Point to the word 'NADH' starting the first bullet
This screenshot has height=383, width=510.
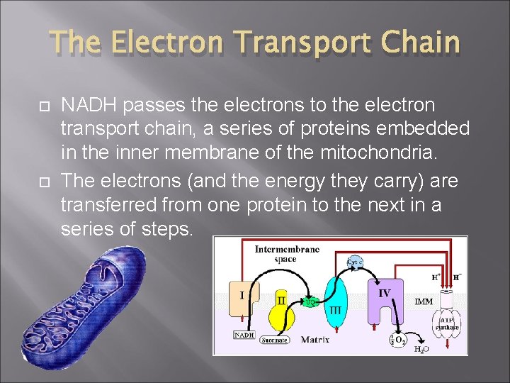(89, 106)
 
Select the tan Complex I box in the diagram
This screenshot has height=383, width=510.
(244, 298)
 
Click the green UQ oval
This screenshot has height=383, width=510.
(310, 302)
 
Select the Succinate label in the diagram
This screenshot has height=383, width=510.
(275, 340)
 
